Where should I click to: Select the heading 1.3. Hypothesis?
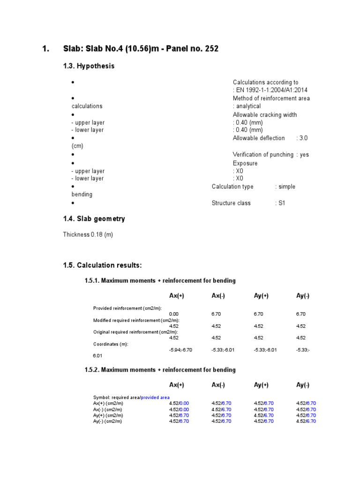[89, 66]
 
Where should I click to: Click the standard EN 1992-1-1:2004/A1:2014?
[272, 90]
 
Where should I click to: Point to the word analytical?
[248, 106]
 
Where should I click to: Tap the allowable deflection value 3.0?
[303, 138]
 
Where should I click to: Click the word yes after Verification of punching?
[304, 155]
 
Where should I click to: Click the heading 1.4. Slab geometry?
[94, 219]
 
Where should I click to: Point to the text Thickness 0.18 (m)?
[88, 235]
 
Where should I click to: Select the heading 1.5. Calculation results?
[102, 265]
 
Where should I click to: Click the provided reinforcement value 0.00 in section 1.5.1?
[174, 314]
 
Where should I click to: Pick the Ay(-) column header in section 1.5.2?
[303, 385]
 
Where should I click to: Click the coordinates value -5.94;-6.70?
[180, 350]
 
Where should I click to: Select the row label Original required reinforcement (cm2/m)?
[135, 332]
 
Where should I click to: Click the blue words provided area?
[155, 397]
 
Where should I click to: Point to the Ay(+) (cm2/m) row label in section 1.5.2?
[108, 415]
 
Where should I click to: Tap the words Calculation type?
[232, 187]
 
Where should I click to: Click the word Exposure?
[245, 164]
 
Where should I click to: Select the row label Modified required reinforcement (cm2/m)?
[136, 320]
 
